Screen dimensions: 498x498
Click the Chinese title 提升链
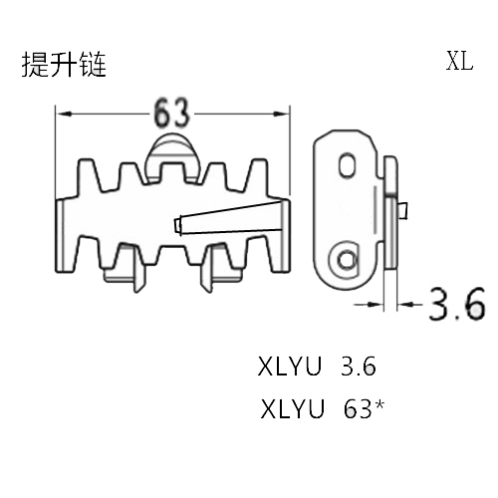point(64,65)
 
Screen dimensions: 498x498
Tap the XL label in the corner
point(459,61)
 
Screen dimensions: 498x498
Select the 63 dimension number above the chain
point(171,113)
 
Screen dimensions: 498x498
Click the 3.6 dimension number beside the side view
point(457,304)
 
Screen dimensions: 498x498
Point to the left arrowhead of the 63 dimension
point(64,115)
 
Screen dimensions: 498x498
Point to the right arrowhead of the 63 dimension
point(281,115)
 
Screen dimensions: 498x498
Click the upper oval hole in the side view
point(348,165)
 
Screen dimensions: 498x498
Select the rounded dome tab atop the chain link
point(172,156)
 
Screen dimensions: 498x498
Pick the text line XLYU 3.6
point(317,367)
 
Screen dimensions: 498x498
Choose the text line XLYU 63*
point(322,409)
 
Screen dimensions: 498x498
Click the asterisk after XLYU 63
point(379,405)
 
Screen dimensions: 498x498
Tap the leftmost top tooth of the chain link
point(90,176)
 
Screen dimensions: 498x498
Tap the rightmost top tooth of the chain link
point(256,176)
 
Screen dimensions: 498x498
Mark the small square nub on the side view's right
point(402,210)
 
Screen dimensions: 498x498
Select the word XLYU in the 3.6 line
point(290,367)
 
